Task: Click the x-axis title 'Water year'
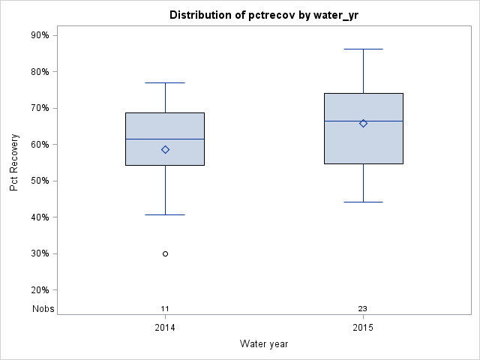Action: tap(264, 343)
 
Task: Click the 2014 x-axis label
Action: tap(165, 328)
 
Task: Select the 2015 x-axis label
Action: tap(364, 328)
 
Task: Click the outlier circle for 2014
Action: tap(165, 253)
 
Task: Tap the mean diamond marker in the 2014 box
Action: tap(165, 149)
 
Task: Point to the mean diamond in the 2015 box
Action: tap(364, 123)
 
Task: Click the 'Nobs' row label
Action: tap(43, 309)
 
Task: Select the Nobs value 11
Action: tap(165, 309)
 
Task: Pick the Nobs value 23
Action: tap(363, 309)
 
